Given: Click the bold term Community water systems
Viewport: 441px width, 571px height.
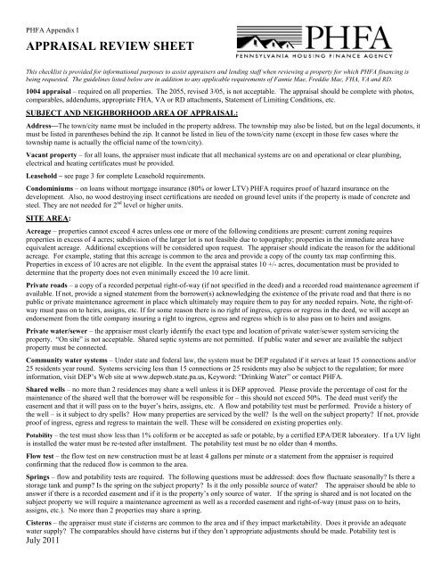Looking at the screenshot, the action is (62, 394).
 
